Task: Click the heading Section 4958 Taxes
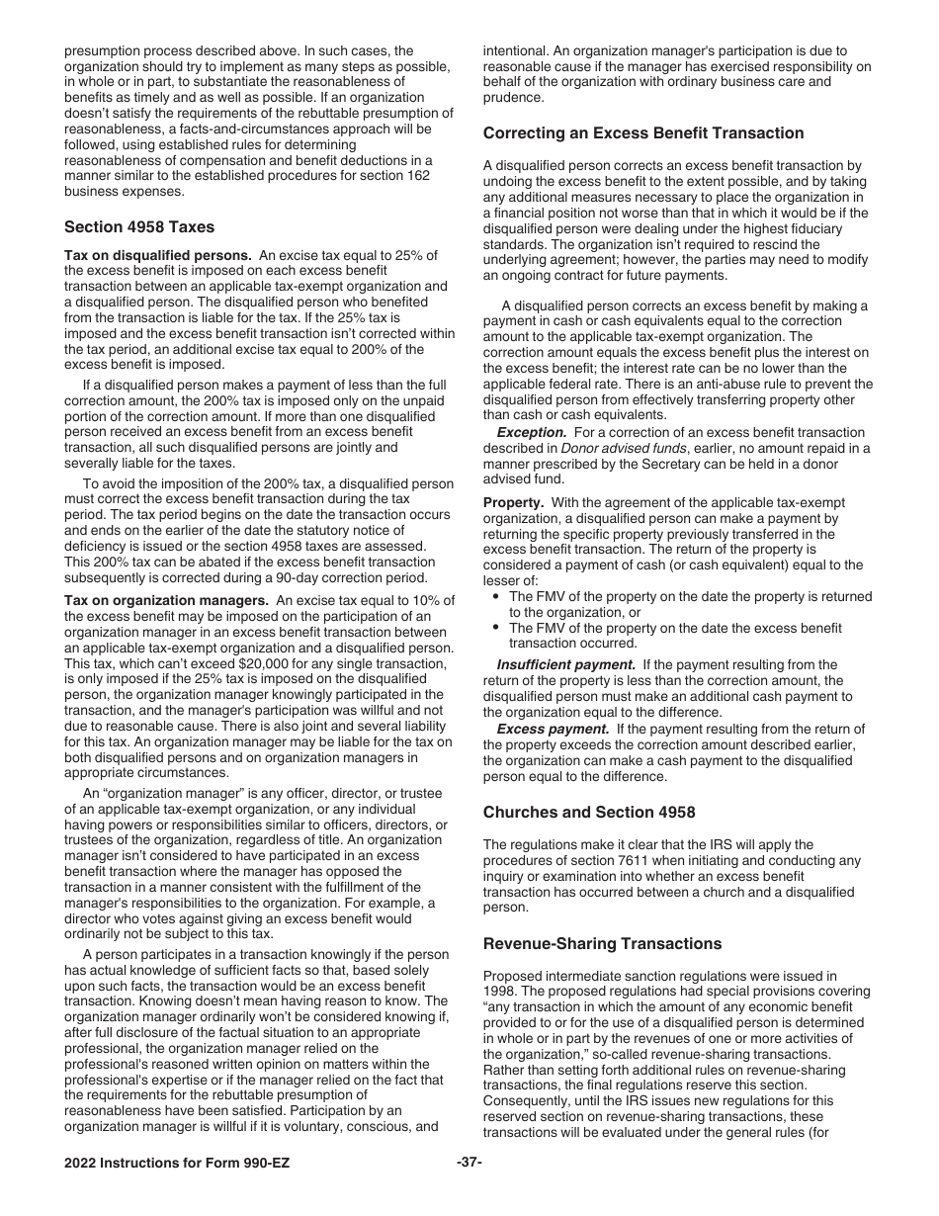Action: click(138, 226)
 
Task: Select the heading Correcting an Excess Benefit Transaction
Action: click(643, 132)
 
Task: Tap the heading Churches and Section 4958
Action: click(589, 812)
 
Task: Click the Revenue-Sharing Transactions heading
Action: click(602, 943)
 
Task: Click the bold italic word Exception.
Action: click(531, 432)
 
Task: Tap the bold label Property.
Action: click(512, 502)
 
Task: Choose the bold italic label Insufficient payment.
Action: click(565, 664)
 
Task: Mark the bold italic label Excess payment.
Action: click(553, 729)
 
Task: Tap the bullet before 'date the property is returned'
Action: click(495, 596)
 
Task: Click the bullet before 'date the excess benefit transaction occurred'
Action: click(495, 628)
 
